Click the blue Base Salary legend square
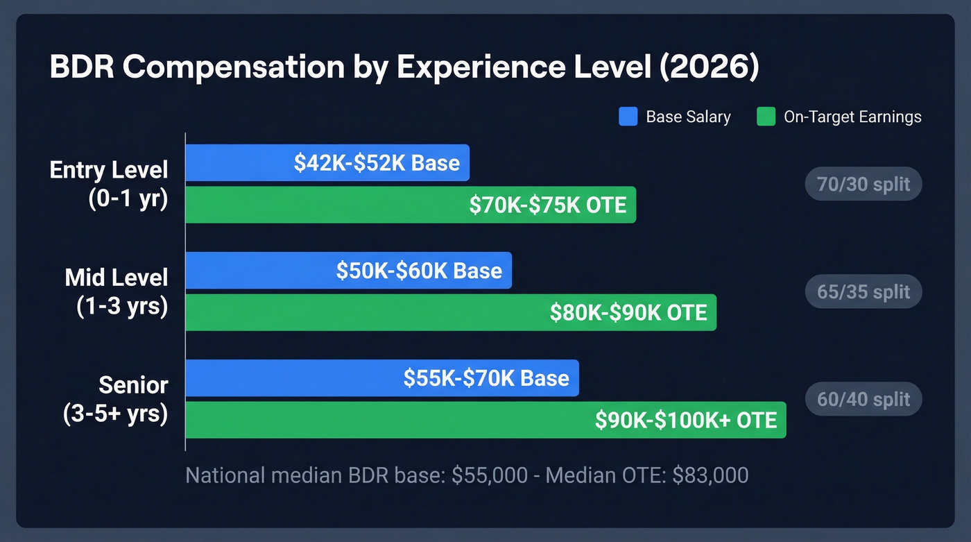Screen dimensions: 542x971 pos(628,117)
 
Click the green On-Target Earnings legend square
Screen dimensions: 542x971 pos(766,117)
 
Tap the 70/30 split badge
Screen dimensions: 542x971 pos(863,185)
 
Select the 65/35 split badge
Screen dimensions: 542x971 pos(863,291)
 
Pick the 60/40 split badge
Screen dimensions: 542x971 pos(863,399)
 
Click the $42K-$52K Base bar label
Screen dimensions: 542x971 pos(377,163)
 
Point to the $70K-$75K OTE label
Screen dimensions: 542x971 pos(547,205)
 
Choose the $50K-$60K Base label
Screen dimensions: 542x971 pos(419,271)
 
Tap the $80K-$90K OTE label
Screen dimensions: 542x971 pos(628,312)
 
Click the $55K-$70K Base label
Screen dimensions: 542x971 pos(486,378)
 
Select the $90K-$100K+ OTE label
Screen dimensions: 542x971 pos(686,420)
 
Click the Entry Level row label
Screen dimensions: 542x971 pos(109,170)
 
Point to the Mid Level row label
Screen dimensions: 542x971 pos(117,278)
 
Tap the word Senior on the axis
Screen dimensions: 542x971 pos(133,384)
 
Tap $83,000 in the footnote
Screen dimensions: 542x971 pos(710,475)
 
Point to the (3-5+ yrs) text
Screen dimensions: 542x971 pos(115,414)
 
